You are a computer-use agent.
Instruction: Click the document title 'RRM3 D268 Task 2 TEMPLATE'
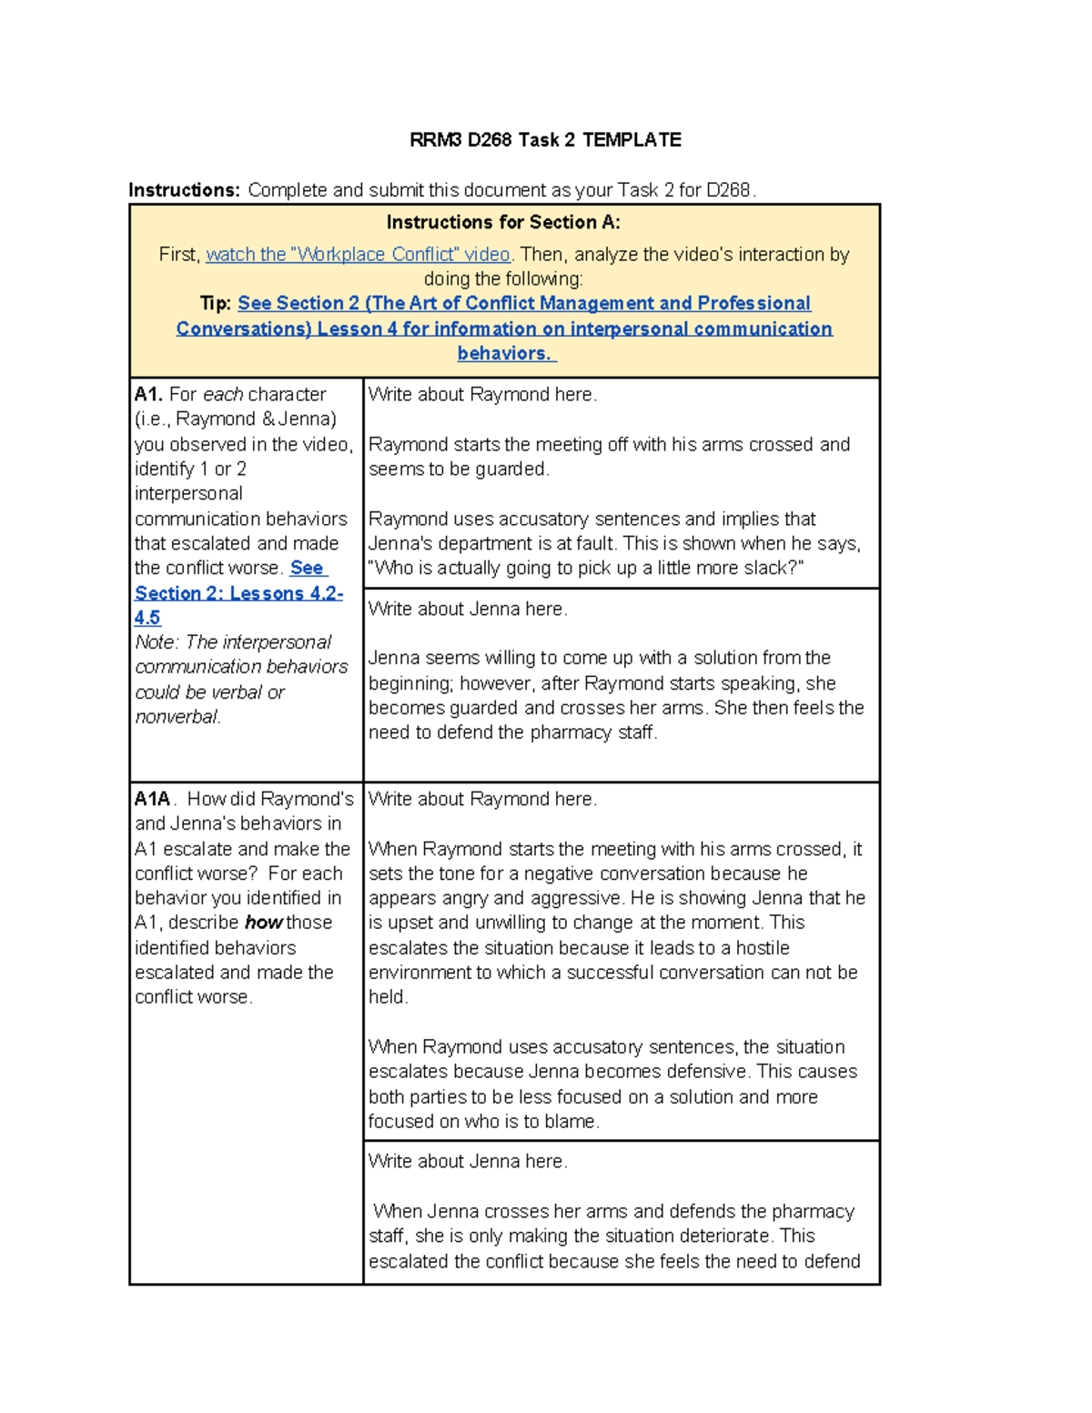[x=545, y=140]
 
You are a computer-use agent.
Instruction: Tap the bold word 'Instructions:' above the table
[x=184, y=190]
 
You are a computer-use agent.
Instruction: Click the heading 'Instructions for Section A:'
[x=503, y=222]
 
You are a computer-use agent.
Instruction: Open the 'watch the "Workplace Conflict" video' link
[x=358, y=255]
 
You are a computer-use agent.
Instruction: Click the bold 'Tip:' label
[x=216, y=304]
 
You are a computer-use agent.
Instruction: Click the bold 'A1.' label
[x=148, y=395]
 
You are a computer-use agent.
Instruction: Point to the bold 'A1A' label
[x=152, y=800]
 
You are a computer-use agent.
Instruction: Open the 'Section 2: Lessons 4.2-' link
[x=238, y=593]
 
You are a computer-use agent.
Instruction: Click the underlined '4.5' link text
[x=147, y=618]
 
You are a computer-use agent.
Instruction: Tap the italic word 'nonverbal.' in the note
[x=177, y=717]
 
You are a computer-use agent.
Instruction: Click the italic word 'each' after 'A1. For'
[x=223, y=395]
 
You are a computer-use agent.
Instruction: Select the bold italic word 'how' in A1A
[x=264, y=923]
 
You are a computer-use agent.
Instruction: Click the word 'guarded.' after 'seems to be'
[x=516, y=469]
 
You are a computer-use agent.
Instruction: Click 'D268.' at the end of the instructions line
[x=731, y=190]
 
